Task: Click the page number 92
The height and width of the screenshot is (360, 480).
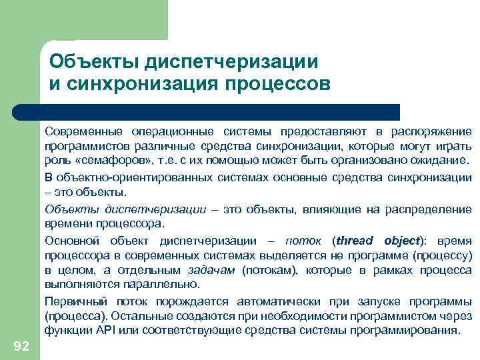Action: [x=21, y=345]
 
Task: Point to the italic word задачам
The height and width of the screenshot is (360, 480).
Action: [x=208, y=271]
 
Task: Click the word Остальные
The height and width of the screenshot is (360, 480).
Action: [x=145, y=315]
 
